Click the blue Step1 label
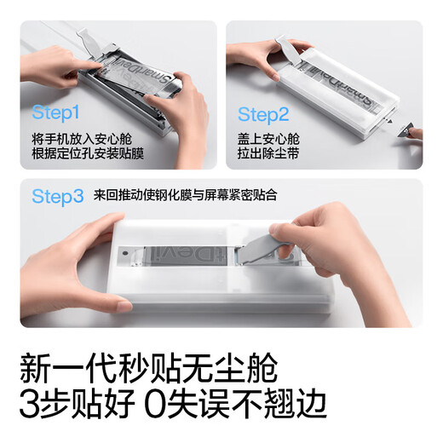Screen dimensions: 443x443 click(55, 112)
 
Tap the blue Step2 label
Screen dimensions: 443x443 click(264, 114)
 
